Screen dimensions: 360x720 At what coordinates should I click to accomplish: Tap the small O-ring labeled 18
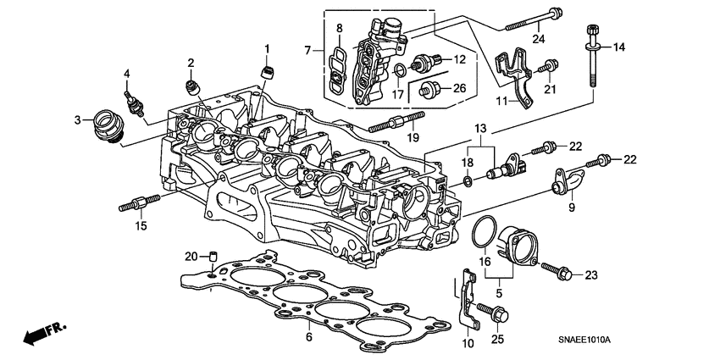click(468, 181)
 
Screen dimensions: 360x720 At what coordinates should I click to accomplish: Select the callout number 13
click(480, 128)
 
